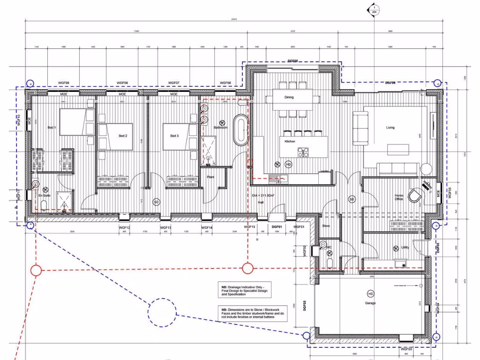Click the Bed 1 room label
(52, 127)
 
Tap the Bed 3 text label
(174, 136)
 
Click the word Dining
(289, 97)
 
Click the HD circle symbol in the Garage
(371, 294)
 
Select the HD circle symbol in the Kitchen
(288, 165)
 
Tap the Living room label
(390, 127)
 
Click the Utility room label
(405, 247)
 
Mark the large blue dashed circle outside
(162, 313)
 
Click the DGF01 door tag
(277, 227)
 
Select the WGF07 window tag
(174, 83)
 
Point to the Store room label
(326, 226)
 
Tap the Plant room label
(211, 177)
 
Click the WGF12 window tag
(125, 227)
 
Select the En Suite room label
(44, 195)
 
